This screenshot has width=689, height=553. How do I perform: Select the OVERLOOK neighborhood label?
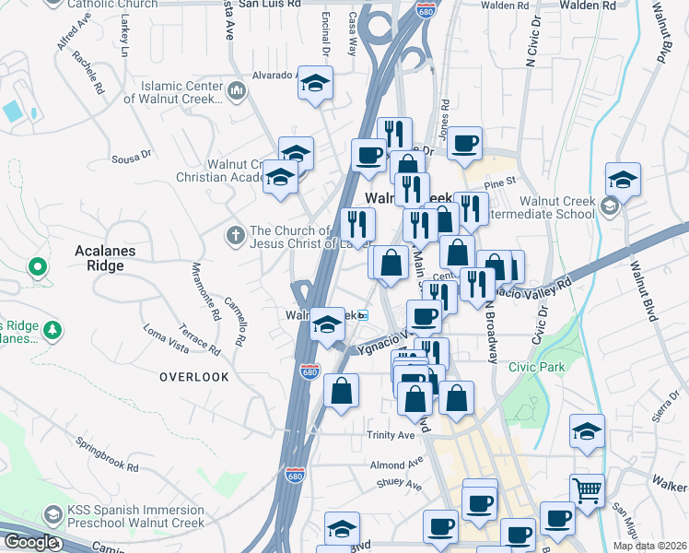[193, 377]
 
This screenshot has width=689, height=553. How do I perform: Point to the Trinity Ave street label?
[391, 435]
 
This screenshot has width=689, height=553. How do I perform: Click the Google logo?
[29, 542]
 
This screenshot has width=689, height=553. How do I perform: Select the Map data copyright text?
[653, 546]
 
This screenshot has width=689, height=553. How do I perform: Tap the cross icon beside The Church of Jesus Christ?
[235, 237]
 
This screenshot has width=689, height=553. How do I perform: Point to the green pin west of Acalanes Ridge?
[37, 268]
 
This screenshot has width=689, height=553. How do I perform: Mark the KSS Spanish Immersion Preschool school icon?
[53, 513]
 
